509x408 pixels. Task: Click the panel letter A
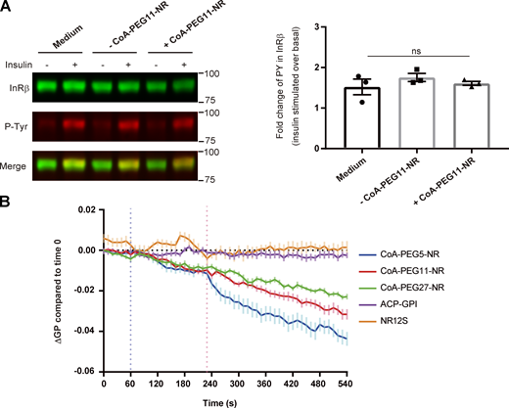8,8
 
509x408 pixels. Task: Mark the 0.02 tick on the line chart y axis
87,210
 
